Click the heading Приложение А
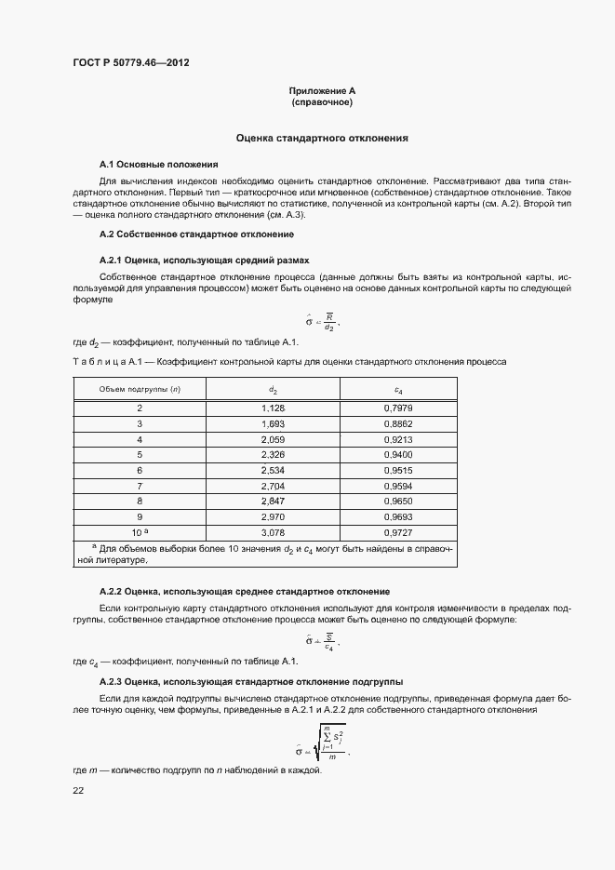(x=322, y=90)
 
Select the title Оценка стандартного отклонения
(x=322, y=138)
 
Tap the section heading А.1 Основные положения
(x=158, y=164)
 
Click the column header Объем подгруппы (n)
(x=140, y=387)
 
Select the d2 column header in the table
(x=273, y=387)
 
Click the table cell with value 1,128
(x=273, y=408)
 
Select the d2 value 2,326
(x=273, y=454)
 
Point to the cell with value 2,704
(x=273, y=486)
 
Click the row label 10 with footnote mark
(x=140, y=532)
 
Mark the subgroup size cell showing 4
(x=140, y=439)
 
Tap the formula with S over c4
(x=321, y=641)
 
